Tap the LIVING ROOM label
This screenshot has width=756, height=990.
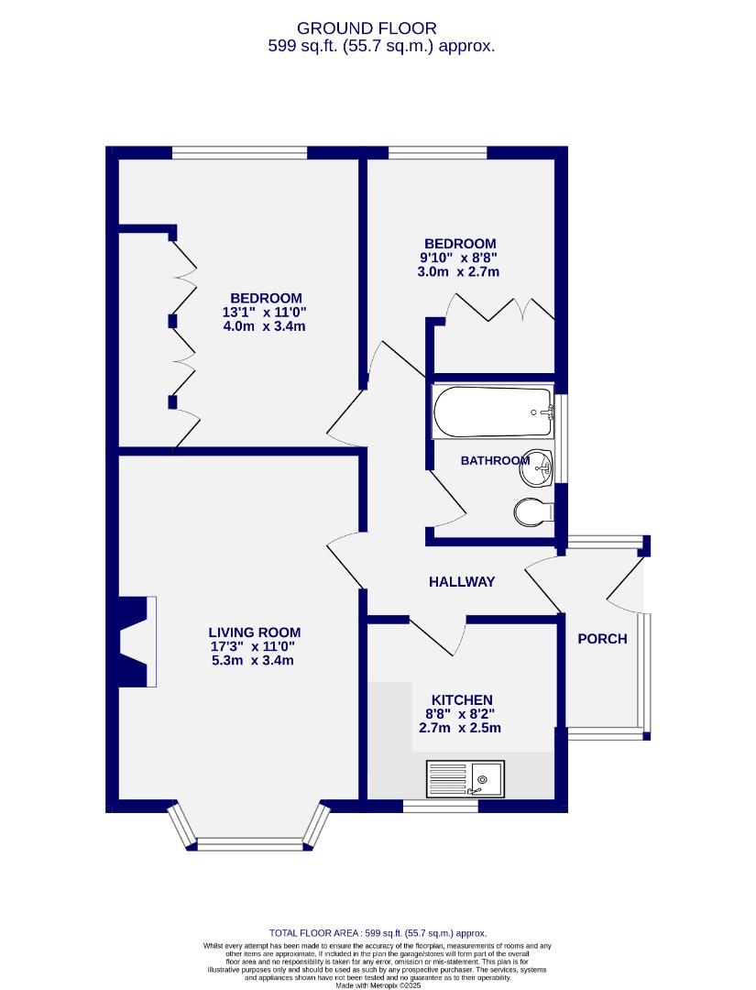(x=255, y=632)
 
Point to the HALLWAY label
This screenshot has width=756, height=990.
(x=462, y=581)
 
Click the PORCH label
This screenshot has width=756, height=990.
(x=602, y=639)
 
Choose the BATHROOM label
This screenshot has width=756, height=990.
(x=495, y=460)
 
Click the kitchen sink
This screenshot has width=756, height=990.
(x=464, y=778)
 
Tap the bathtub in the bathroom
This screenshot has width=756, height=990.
(x=493, y=412)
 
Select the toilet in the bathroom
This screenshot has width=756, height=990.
(x=531, y=511)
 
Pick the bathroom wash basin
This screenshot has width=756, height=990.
(x=537, y=470)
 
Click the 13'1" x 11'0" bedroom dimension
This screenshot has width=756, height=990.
(x=265, y=313)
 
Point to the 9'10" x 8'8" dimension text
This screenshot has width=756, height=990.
(x=459, y=258)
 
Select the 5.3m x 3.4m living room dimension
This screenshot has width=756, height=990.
(x=254, y=660)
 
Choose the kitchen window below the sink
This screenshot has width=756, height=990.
(x=440, y=808)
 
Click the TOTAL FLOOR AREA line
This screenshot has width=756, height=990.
(x=378, y=932)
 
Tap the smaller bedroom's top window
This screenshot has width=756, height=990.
(x=438, y=153)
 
